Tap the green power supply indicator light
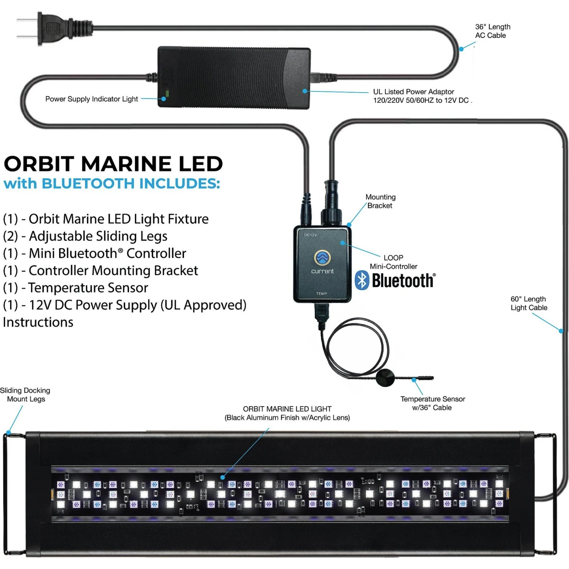pos(166,93)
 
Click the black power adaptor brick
pos(234,77)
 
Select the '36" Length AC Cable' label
pos(492,31)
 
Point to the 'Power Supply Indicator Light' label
pos(91,99)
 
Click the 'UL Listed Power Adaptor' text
pos(413,92)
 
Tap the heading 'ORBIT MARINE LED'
pos(113,164)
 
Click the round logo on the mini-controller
pos(322,258)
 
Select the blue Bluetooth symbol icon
pos(362,280)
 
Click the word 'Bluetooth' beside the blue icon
pos(403,281)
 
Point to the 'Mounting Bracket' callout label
pos(380,201)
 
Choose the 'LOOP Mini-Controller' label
pos(393,262)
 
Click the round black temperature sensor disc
pos(385,377)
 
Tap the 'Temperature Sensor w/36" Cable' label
pos(432,403)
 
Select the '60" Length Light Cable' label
pos(529,303)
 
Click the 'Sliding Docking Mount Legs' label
pos(25,395)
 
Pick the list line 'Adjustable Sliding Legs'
pos(85,236)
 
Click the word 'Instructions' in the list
pos(38,322)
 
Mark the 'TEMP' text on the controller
pos(322,294)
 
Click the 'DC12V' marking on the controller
pos(310,235)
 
